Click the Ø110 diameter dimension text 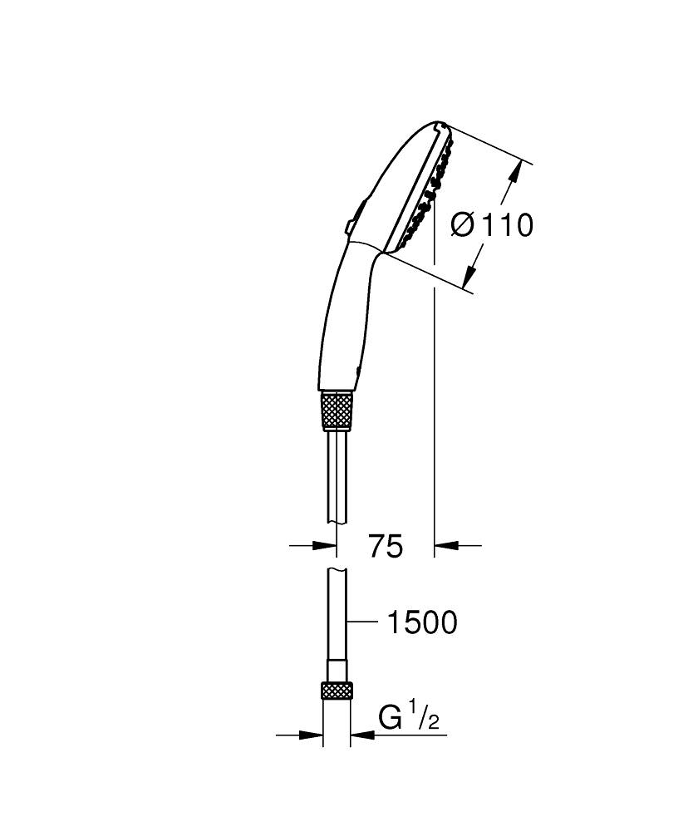coord(491,224)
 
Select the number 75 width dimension coord(386,547)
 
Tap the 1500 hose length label coord(422,622)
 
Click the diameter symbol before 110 coord(462,224)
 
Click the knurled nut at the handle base coord(337,409)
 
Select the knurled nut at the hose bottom coord(337,691)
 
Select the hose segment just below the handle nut coord(336,474)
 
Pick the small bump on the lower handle coord(358,369)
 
